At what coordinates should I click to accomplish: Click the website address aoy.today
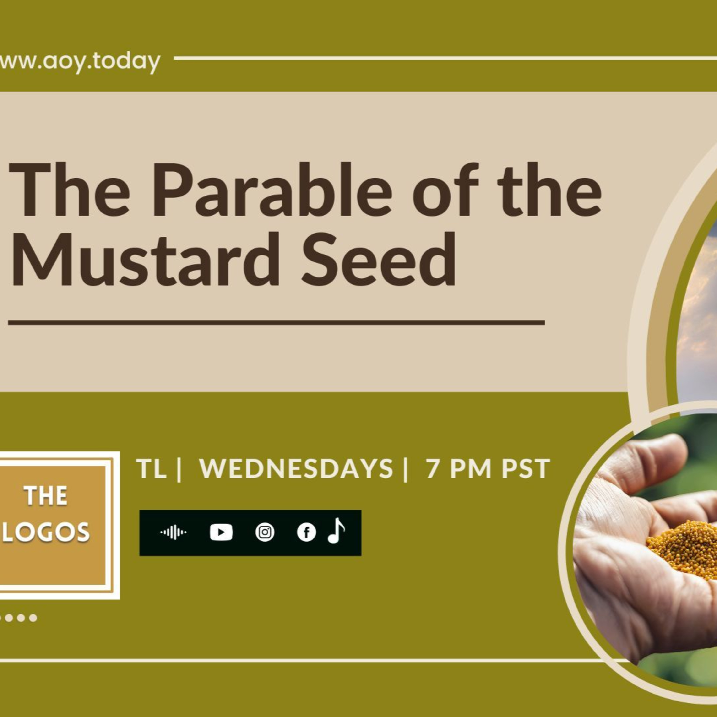pyautogui.click(x=80, y=62)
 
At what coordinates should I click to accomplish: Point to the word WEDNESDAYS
pyautogui.click(x=296, y=468)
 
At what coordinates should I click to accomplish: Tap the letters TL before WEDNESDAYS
pyautogui.click(x=151, y=468)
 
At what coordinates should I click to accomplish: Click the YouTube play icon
pyautogui.click(x=221, y=532)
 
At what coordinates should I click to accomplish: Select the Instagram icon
pyautogui.click(x=265, y=532)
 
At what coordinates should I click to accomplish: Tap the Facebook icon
pyautogui.click(x=306, y=532)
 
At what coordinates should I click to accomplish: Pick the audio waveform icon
pyautogui.click(x=173, y=532)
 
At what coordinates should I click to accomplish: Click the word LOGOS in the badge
pyautogui.click(x=46, y=532)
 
